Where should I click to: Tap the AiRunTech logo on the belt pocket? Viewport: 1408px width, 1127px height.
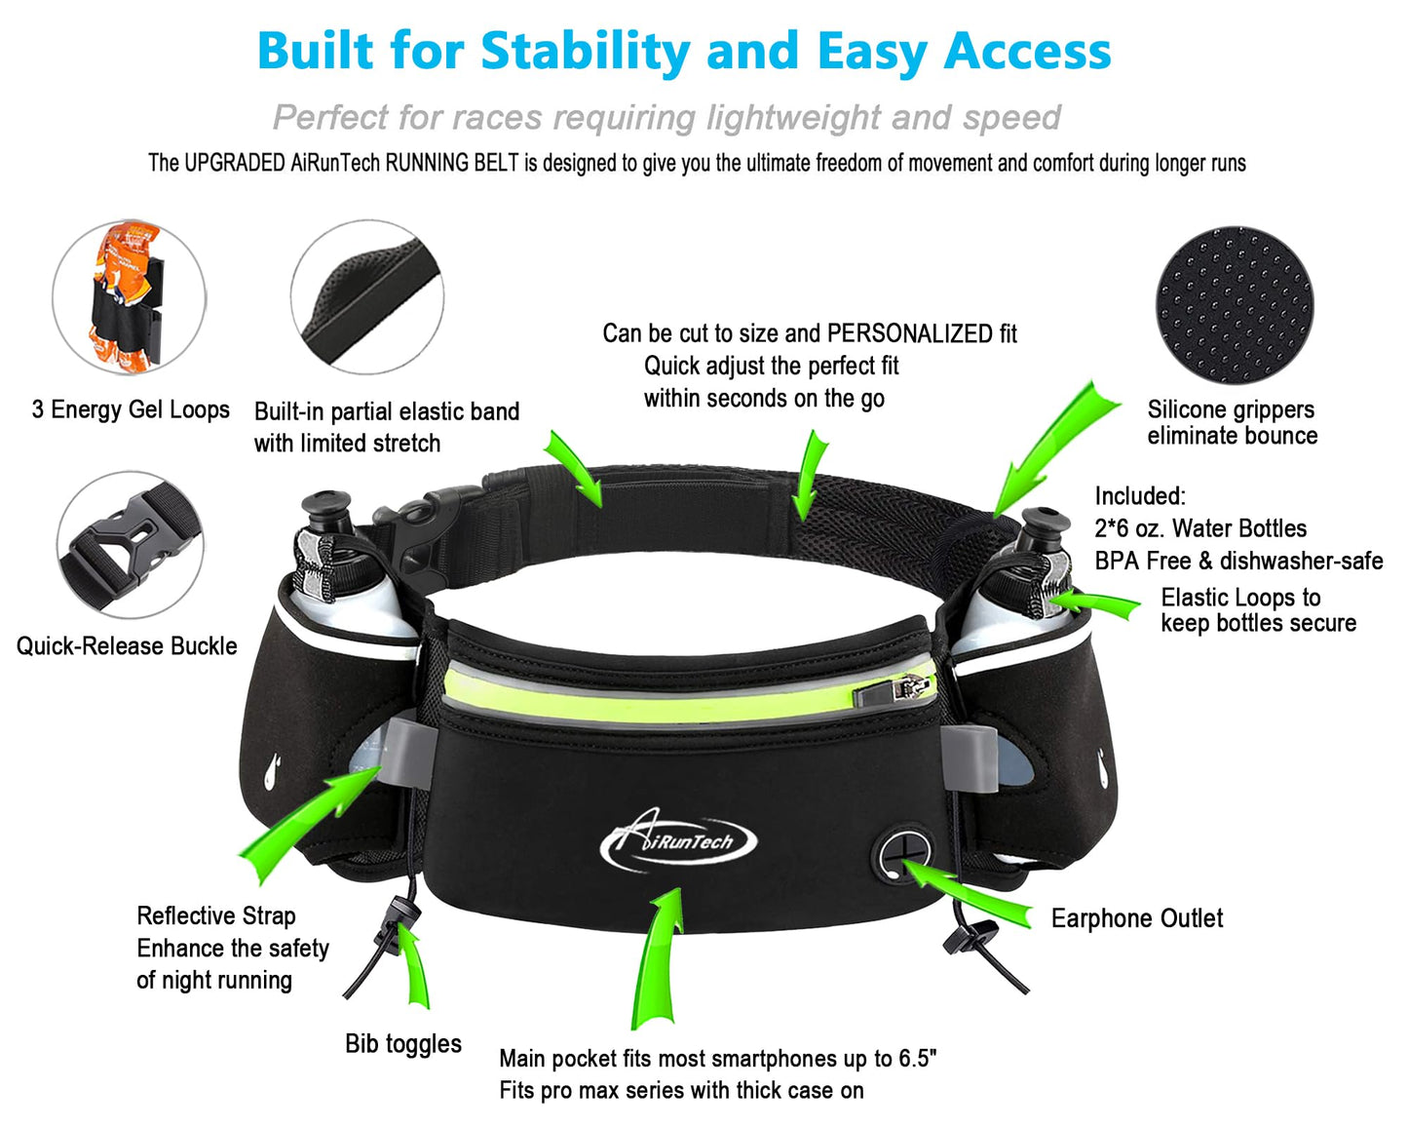[x=679, y=841]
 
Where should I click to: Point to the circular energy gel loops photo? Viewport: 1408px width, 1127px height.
[x=129, y=296]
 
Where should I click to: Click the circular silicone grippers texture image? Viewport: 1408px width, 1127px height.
[x=1235, y=306]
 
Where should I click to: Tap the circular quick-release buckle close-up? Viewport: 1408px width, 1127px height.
[x=131, y=545]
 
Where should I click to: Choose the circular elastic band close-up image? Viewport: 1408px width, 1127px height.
[x=367, y=296]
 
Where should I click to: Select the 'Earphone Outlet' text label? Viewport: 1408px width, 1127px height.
[x=1136, y=918]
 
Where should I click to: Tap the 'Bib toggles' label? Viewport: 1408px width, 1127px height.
[x=402, y=1044]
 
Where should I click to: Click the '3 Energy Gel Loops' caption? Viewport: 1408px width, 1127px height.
[x=131, y=409]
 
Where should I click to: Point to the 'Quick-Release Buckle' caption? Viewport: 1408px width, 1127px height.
[x=127, y=646]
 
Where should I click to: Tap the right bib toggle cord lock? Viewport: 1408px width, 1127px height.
[x=967, y=939]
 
